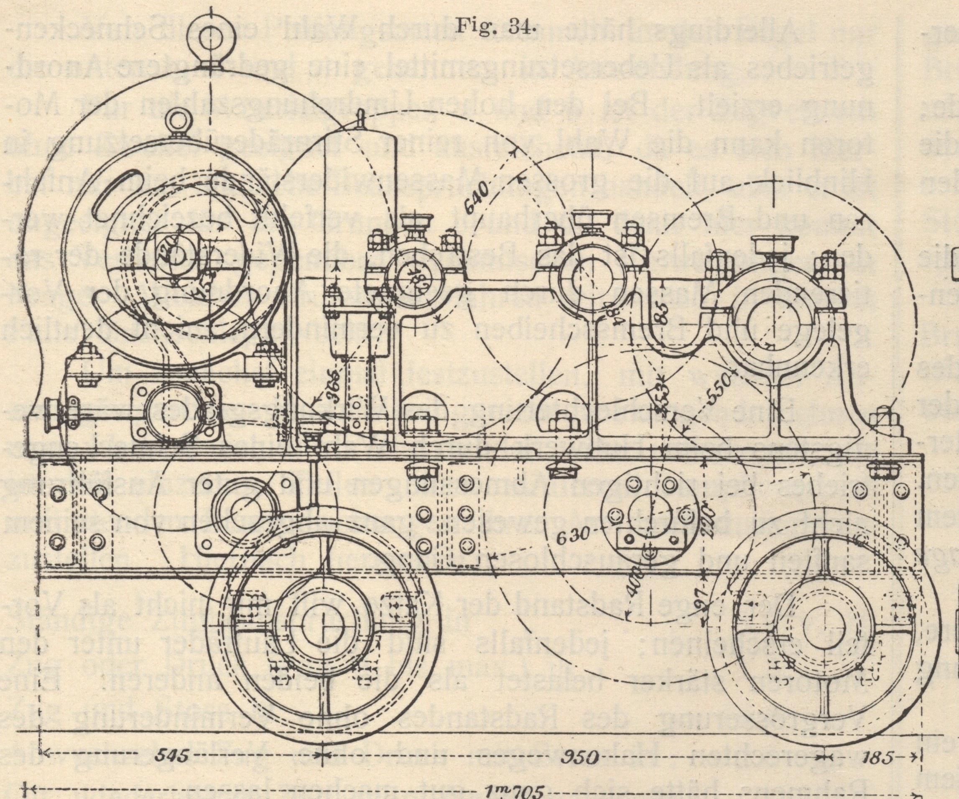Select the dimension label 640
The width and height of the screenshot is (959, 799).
478,197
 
